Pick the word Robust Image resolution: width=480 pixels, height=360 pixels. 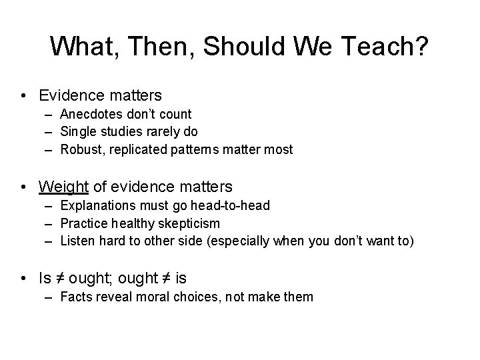(x=79, y=149)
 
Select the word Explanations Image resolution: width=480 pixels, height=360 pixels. (x=96, y=205)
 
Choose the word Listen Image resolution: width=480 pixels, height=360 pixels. (x=76, y=241)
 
